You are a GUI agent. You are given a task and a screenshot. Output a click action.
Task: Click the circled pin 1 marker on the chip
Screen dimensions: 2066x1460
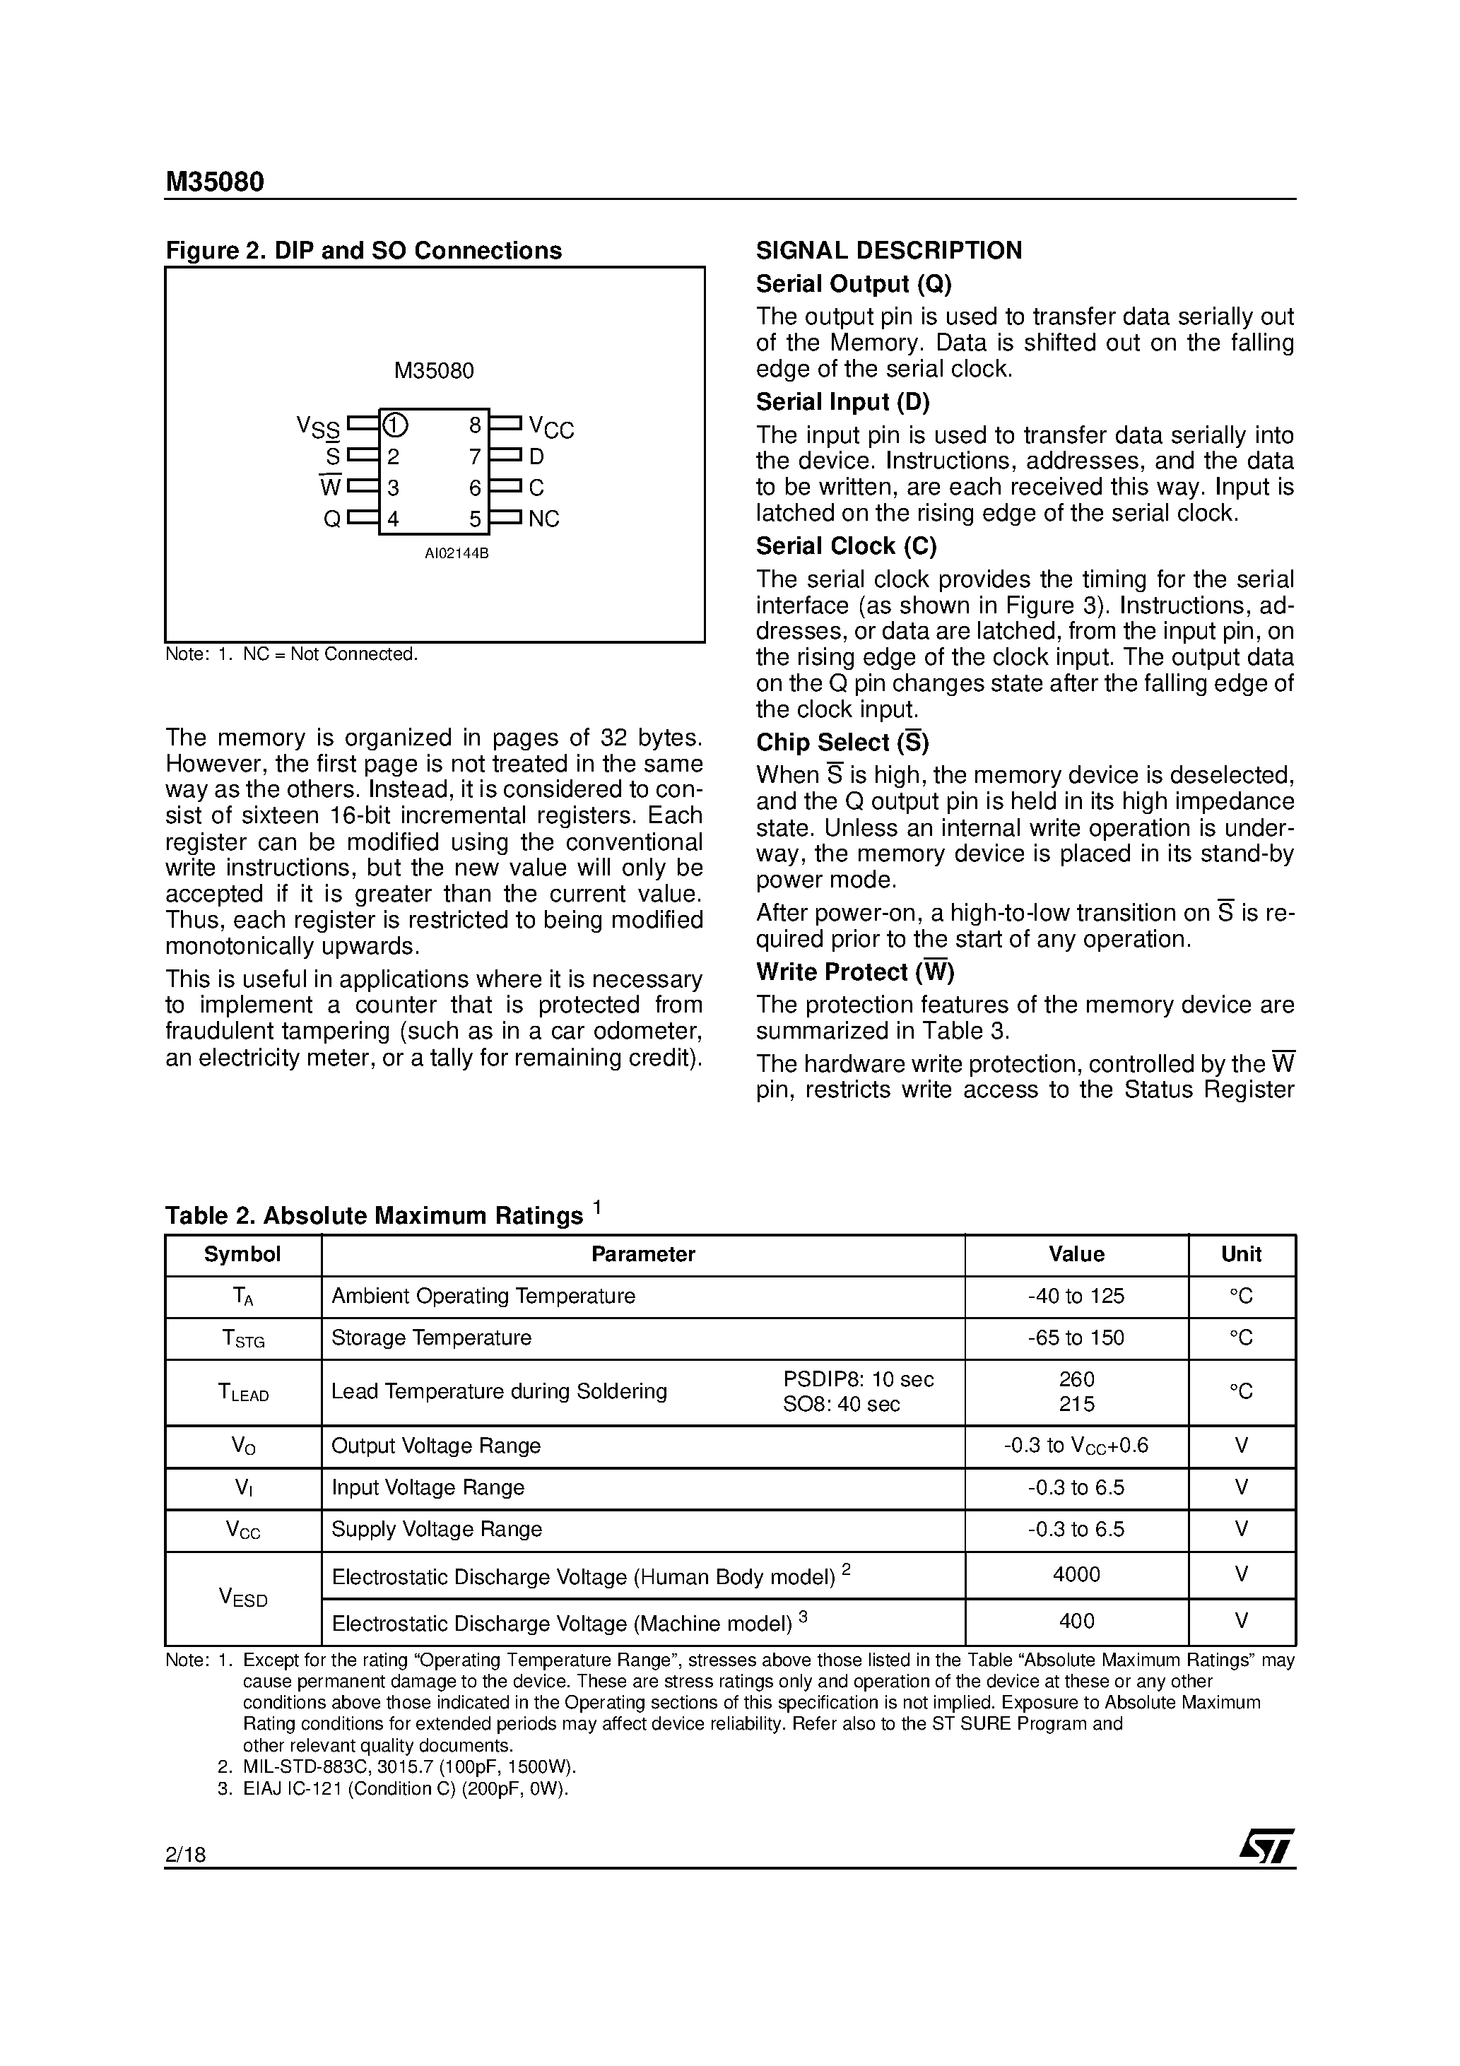pyautogui.click(x=395, y=425)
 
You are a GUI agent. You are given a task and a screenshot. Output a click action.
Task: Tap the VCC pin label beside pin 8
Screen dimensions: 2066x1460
pyautogui.click(x=551, y=427)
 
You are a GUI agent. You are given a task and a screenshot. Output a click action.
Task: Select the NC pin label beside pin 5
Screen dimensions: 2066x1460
pyautogui.click(x=543, y=519)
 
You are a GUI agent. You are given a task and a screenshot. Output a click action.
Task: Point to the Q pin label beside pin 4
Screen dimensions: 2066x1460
pyautogui.click(x=332, y=519)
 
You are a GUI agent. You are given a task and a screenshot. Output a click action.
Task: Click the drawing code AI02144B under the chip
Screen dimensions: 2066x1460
pyautogui.click(x=457, y=553)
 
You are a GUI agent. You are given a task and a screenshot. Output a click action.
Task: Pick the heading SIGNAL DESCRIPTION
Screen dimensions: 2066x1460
pyautogui.click(x=888, y=250)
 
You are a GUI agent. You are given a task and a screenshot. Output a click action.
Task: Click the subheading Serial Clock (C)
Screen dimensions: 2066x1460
pyautogui.click(x=846, y=546)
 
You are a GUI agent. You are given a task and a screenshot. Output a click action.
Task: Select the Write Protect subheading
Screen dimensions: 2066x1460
pyautogui.click(x=855, y=972)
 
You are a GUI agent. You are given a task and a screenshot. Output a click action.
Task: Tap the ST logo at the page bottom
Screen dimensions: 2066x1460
pyautogui.click(x=1266, y=1846)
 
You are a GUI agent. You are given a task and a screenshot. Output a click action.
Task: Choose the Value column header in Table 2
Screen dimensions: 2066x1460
pyautogui.click(x=1076, y=1254)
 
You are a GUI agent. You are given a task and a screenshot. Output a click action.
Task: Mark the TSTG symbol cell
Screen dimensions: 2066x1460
pyautogui.click(x=243, y=1339)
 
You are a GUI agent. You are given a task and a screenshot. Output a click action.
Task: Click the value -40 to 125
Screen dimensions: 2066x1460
pyautogui.click(x=1076, y=1296)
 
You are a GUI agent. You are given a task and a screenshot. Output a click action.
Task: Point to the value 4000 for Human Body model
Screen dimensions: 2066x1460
pyautogui.click(x=1076, y=1574)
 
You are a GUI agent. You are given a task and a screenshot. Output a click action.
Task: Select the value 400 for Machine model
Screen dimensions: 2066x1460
pyautogui.click(x=1076, y=1621)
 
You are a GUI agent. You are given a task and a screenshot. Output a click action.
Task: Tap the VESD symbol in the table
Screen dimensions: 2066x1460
pyautogui.click(x=243, y=1598)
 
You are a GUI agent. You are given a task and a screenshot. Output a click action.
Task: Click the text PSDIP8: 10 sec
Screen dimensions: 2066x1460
pyautogui.click(x=858, y=1379)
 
